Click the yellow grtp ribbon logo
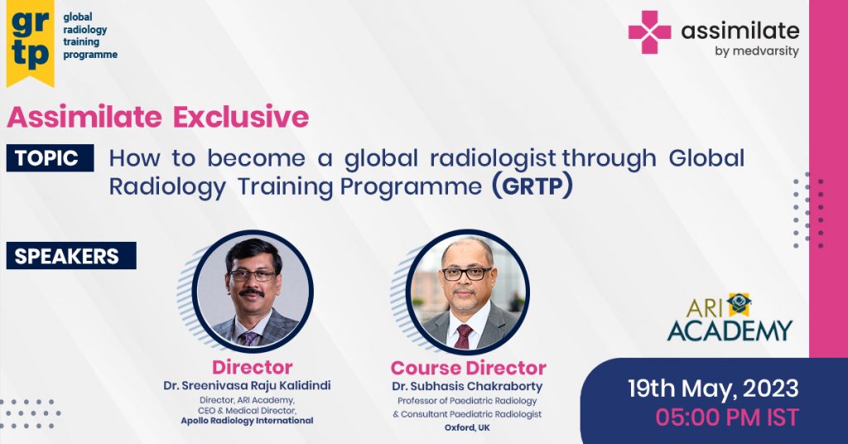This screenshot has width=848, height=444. [x=31, y=42]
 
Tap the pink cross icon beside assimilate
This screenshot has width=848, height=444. [x=649, y=32]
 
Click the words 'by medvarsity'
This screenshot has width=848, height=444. [x=757, y=51]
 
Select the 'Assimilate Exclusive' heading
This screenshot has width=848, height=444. [x=158, y=117]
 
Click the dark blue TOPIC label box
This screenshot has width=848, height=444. [x=50, y=158]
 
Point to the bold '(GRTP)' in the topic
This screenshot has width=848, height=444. [x=532, y=186]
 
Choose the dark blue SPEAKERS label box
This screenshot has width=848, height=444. [x=71, y=256]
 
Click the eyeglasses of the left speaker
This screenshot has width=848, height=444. [x=252, y=275]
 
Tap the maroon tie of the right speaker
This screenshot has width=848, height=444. [x=464, y=335]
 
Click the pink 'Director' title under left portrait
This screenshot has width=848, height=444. [x=252, y=367]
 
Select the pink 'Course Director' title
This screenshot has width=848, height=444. [x=469, y=368]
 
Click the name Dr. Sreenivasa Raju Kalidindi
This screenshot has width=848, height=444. [x=247, y=385]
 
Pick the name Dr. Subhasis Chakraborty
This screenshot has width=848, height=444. [x=467, y=386]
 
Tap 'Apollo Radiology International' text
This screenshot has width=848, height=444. [x=247, y=421]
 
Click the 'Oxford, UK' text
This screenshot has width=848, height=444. [x=467, y=427]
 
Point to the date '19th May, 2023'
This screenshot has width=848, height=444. [x=713, y=388]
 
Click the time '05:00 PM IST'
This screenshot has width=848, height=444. [x=727, y=417]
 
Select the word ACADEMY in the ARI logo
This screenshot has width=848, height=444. [x=730, y=331]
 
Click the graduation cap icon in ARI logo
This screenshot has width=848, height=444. [x=740, y=304]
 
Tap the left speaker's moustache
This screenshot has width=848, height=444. [x=252, y=292]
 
